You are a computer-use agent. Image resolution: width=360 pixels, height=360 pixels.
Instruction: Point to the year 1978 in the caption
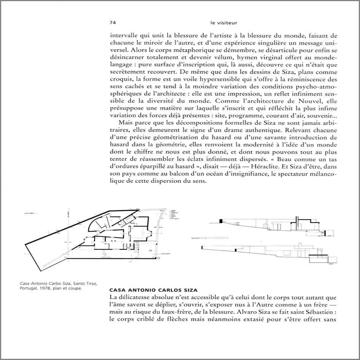pyautogui.click(x=51, y=288)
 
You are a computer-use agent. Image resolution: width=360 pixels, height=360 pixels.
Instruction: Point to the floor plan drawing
pyautogui.click(x=95, y=240)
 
